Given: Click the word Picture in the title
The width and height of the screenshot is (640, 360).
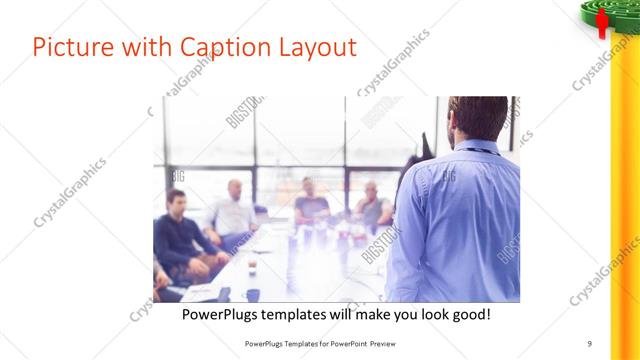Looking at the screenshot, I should [70, 47].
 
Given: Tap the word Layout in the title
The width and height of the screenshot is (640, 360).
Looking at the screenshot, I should [317, 47].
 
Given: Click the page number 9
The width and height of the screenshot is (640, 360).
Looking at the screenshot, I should [590, 343].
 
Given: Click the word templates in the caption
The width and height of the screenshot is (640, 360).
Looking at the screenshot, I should [307, 314].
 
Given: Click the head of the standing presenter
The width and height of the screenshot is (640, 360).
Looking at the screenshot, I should [478, 118].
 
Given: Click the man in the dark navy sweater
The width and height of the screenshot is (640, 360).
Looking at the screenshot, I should [177, 235].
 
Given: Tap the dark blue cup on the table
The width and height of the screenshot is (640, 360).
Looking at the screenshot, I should [253, 294].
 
